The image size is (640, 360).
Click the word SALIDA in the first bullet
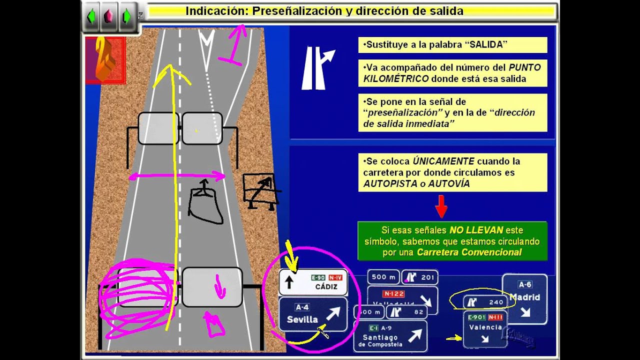tap(485, 44)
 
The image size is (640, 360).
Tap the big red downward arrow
tap(441, 206)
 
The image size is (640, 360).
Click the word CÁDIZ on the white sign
tap(327, 287)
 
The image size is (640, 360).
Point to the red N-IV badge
tap(335, 277)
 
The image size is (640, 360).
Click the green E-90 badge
tap(318, 277)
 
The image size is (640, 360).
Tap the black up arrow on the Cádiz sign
tap(288, 282)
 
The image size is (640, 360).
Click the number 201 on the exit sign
tap(427, 277)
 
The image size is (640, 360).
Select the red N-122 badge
tap(393, 293)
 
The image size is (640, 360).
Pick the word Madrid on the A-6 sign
tap(524, 297)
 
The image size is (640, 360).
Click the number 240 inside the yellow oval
tap(496, 302)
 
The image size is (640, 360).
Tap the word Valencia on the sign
tap(485, 327)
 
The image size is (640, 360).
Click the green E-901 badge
tap(476, 317)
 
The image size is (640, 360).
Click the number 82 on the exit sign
tap(418, 312)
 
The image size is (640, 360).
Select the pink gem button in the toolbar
tap(107, 16)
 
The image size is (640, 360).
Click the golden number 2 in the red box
tap(104, 59)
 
